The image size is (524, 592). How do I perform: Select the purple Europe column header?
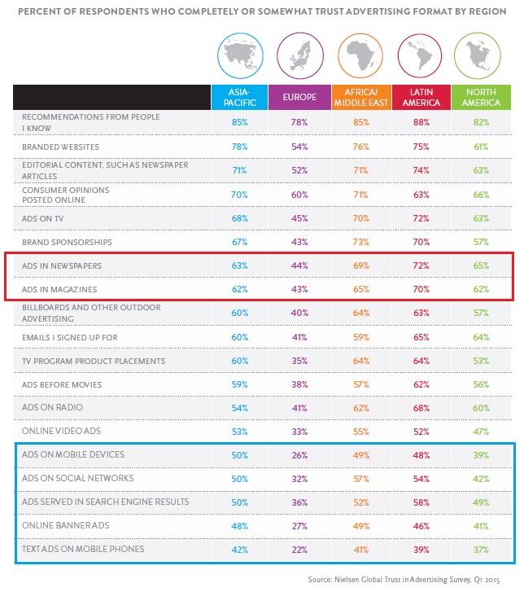(x=300, y=97)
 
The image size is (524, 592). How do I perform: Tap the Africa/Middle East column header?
(x=360, y=97)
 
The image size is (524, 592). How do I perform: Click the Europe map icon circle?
(x=300, y=55)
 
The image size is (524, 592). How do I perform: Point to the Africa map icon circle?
(x=360, y=55)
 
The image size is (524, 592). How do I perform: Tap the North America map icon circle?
(x=481, y=55)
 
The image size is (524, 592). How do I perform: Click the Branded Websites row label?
(x=56, y=147)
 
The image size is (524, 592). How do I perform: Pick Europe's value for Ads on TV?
(x=300, y=218)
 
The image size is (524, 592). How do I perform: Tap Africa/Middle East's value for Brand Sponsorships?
(x=360, y=242)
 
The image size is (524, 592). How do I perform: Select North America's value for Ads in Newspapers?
(x=481, y=265)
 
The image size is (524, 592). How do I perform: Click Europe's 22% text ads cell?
(x=300, y=549)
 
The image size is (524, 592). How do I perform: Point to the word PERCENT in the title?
(x=37, y=11)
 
